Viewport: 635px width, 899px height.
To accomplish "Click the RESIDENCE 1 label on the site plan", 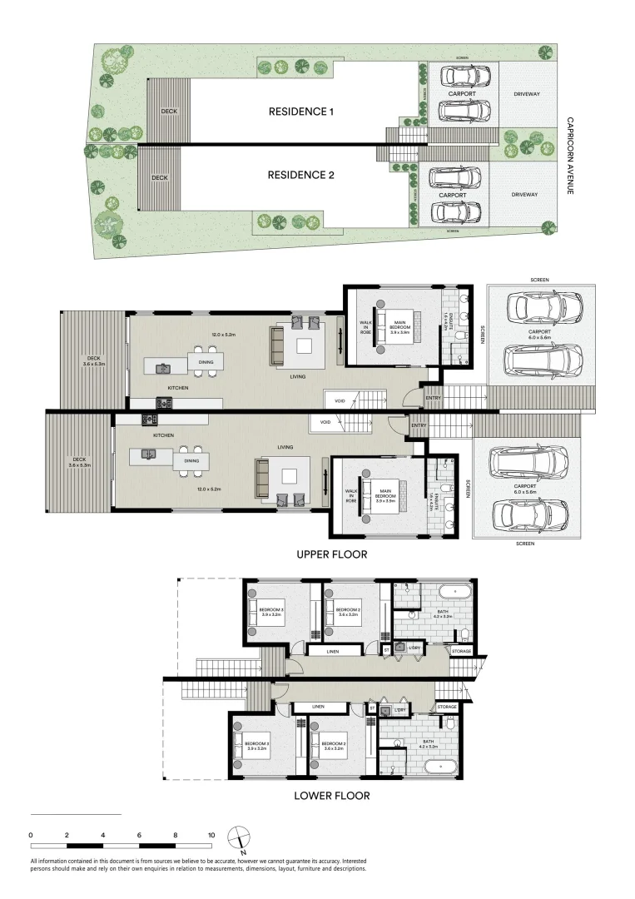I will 300,112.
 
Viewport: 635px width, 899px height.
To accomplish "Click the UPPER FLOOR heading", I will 331,553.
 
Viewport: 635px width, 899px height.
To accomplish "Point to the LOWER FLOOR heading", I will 331,795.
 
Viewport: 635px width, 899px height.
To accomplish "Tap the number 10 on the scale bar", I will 211,834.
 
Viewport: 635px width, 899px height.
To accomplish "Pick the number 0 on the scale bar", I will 31,834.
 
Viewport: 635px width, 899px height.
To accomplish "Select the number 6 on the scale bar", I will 140,834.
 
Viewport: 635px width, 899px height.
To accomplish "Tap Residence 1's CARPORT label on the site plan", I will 462,94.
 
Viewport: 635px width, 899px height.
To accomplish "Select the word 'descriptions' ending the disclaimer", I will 348,868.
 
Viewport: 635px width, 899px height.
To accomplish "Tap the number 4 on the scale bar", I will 103,834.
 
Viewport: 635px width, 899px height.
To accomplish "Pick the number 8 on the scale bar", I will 176,834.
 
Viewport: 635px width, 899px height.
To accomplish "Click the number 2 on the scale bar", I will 67,834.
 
